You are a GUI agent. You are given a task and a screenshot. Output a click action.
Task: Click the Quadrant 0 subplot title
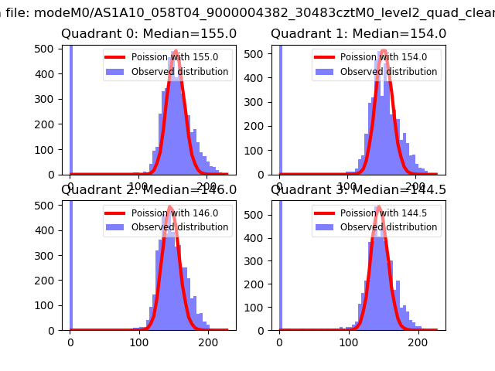148,34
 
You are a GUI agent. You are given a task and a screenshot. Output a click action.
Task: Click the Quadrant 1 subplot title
358,34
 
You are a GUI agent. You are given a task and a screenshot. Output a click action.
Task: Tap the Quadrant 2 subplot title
148,190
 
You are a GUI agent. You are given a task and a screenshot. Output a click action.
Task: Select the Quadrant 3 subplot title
358,190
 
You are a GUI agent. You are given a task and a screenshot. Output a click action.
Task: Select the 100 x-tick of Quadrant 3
349,342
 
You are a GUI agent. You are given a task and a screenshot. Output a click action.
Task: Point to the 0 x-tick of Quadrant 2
70,342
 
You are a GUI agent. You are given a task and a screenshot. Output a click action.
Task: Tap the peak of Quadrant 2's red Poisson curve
169,206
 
